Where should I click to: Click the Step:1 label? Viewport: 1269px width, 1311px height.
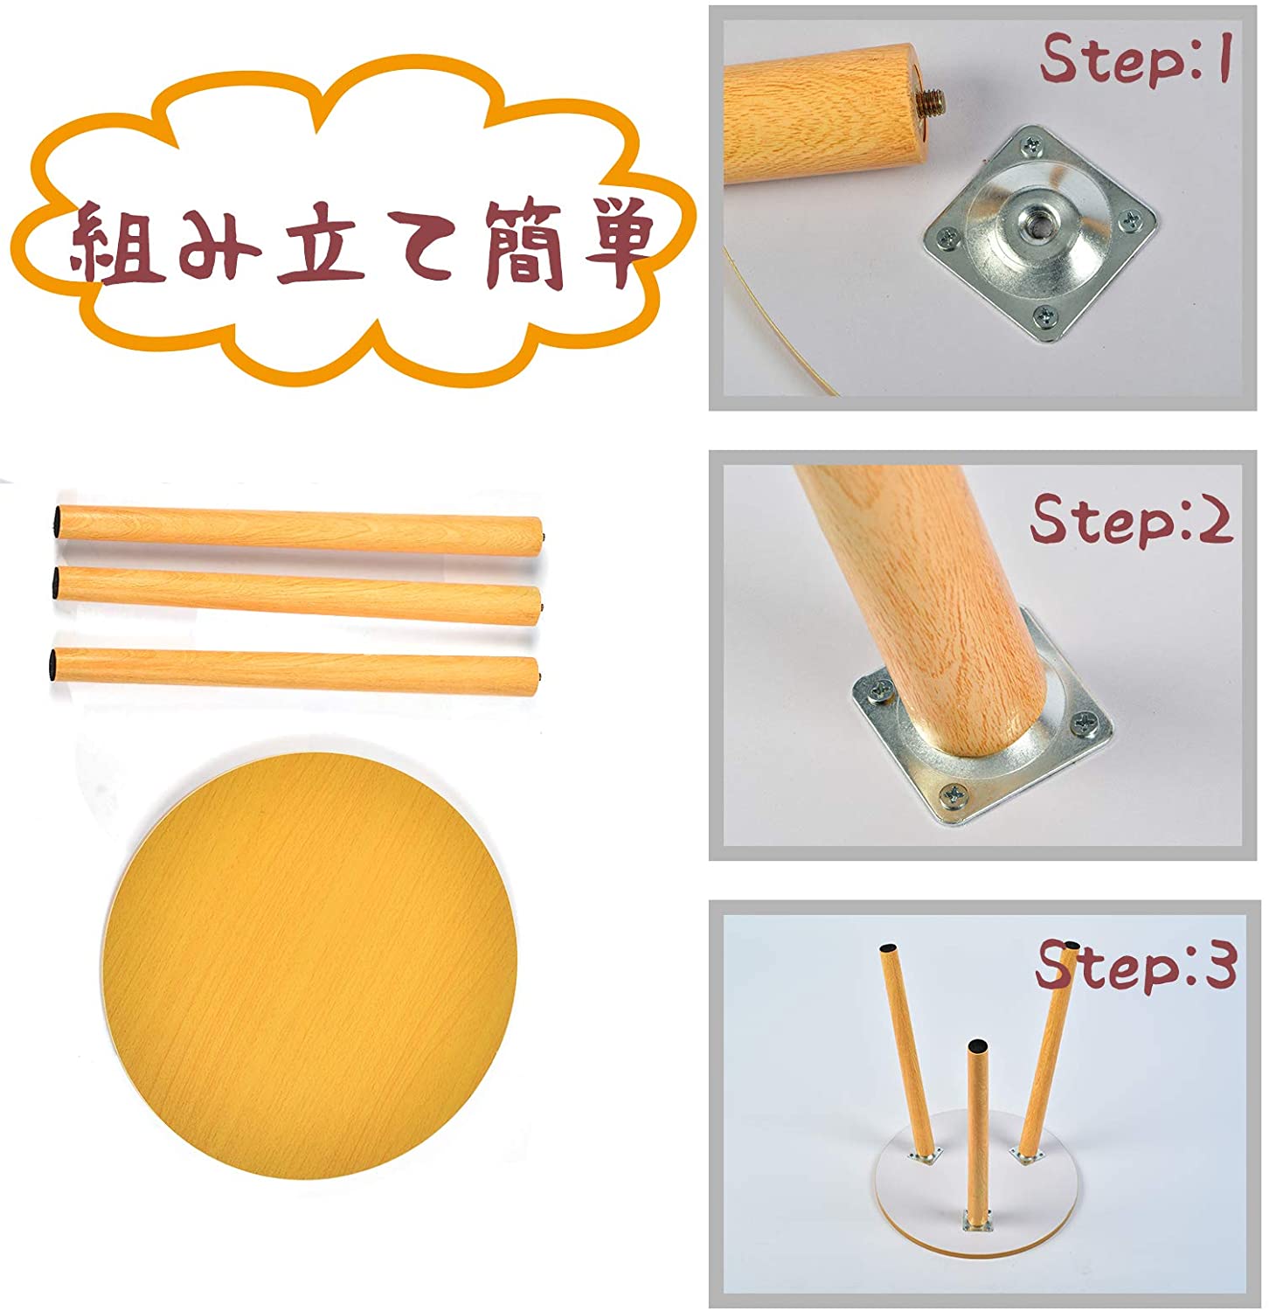1135,59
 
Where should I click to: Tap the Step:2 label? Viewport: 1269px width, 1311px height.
1131,519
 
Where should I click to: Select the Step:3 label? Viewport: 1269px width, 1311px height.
1136,967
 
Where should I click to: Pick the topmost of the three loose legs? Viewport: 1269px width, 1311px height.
297,529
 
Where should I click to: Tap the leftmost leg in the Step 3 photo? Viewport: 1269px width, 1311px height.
908,1049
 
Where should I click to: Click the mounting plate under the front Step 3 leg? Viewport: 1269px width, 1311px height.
977,1221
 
